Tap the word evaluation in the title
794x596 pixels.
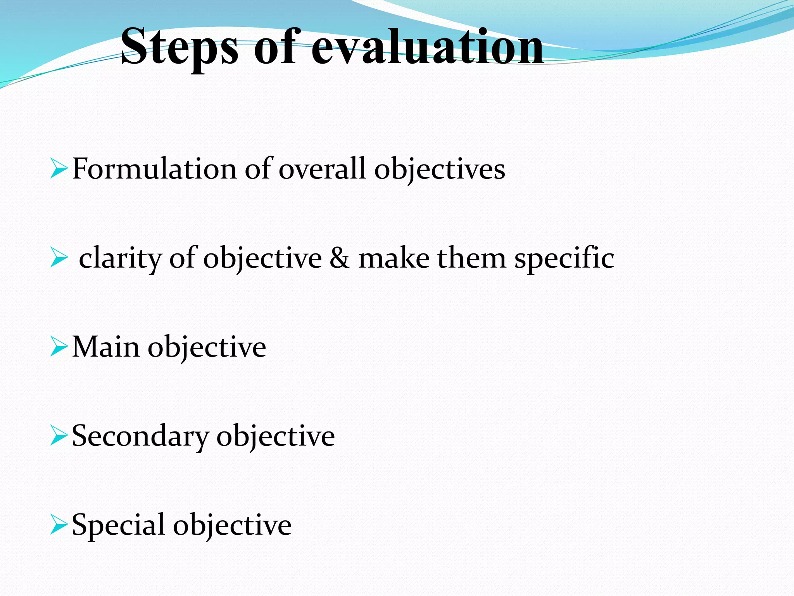tap(427, 47)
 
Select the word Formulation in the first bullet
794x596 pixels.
tap(154, 169)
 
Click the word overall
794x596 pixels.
tap(322, 169)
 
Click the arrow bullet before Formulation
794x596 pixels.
tap(59, 169)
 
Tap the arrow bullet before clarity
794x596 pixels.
tap(59, 258)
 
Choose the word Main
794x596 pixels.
tap(106, 347)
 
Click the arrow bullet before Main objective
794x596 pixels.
tap(59, 347)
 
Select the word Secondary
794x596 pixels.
tap(140, 436)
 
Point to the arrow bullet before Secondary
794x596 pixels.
tap(59, 436)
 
